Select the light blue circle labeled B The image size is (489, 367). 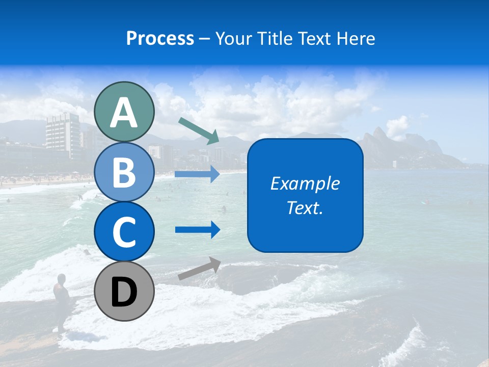pos(124,172)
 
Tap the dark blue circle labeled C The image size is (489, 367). pos(124,231)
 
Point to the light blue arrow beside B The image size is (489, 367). pos(197,174)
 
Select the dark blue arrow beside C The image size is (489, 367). pos(198,230)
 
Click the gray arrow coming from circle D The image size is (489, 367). pos(199,269)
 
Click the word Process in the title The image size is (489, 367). pos(160,39)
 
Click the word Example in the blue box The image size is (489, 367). pos(305,183)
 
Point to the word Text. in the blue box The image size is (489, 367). pos(305,208)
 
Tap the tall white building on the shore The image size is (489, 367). pos(63,135)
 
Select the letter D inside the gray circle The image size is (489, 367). pos(124,292)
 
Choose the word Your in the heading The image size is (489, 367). pos(233,39)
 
